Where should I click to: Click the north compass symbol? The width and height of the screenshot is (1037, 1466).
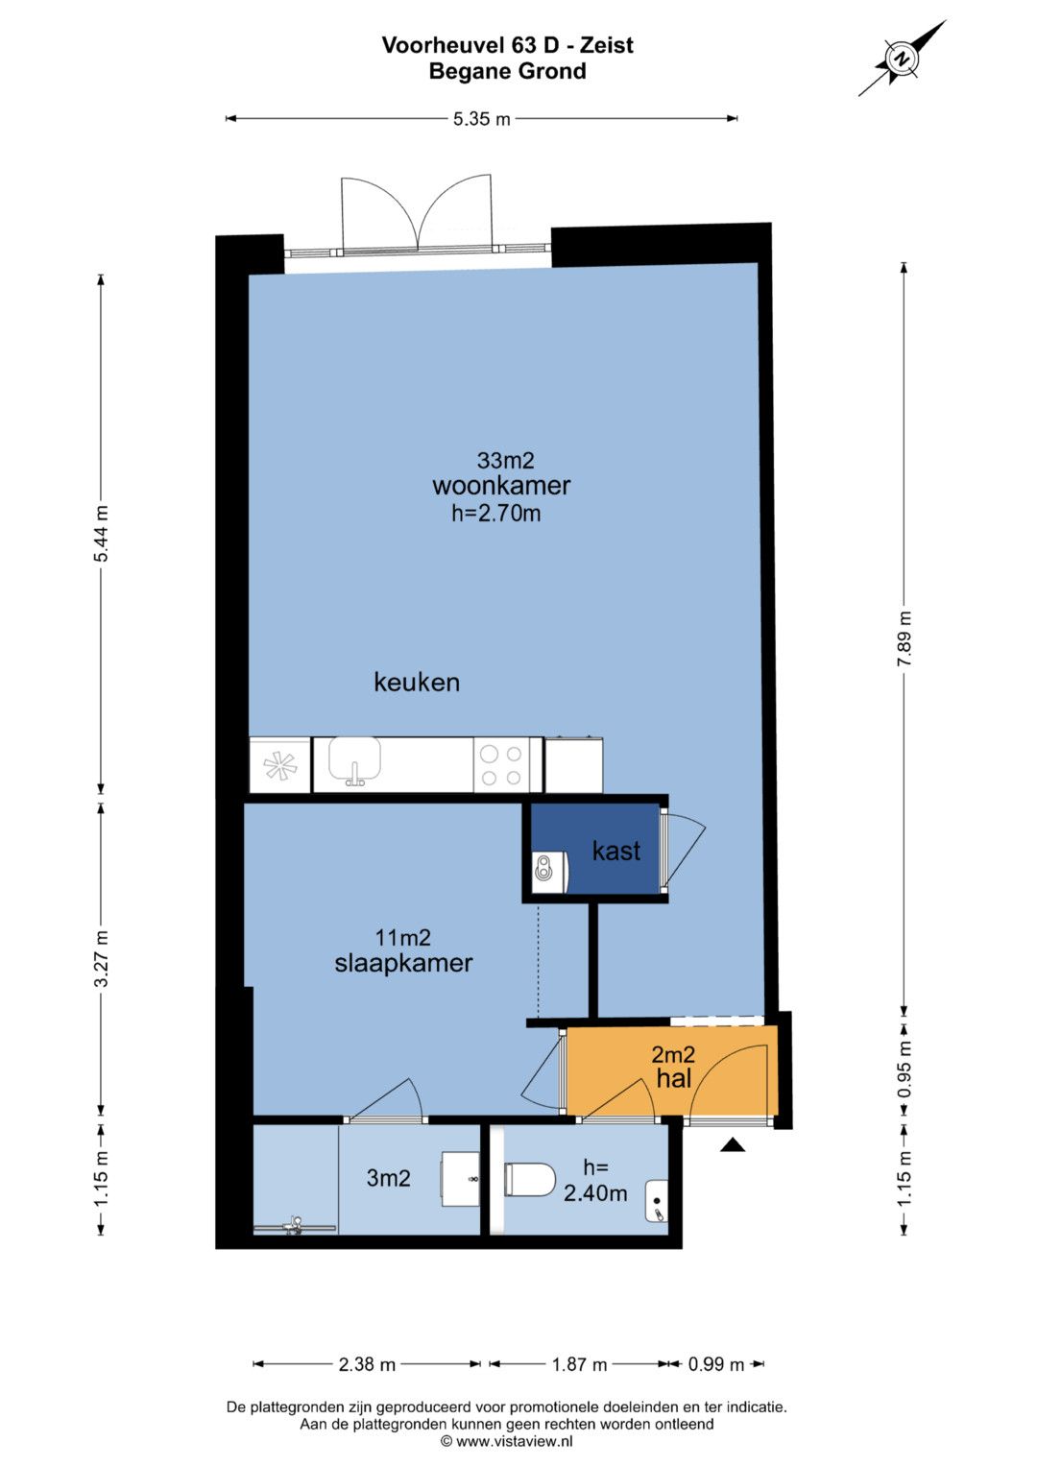coord(903,59)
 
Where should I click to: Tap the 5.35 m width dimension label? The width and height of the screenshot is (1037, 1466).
coord(481,119)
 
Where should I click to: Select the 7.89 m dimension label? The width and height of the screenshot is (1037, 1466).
coord(904,638)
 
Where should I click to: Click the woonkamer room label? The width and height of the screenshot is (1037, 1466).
coord(501,486)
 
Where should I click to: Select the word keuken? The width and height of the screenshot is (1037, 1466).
coord(417,682)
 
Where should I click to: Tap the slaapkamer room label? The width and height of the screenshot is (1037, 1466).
coord(403,963)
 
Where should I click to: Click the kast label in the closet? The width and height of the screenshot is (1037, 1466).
coord(615,851)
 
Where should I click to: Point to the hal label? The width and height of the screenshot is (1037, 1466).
coord(674,1078)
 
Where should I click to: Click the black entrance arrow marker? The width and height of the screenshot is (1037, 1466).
coord(733,1144)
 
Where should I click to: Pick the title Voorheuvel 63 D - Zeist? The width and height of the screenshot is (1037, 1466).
coord(507,45)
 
